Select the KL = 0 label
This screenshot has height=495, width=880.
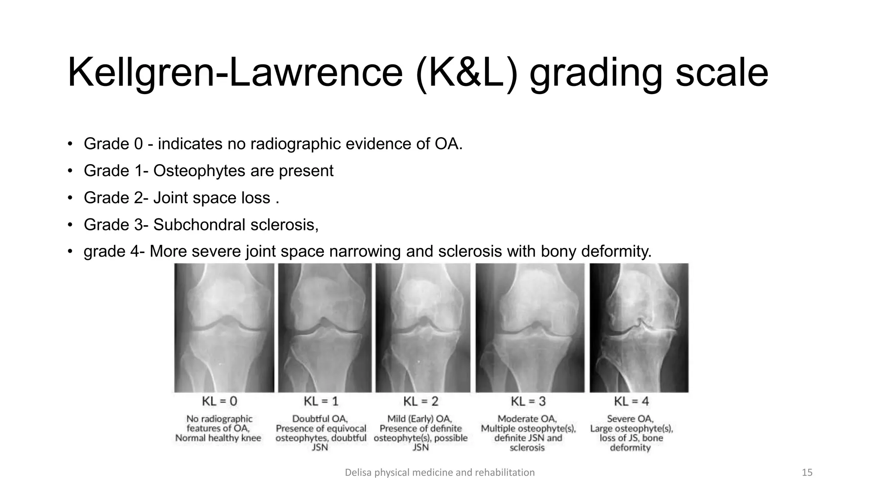pyautogui.click(x=220, y=401)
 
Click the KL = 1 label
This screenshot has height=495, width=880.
pyautogui.click(x=321, y=401)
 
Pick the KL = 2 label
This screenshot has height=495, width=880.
pyautogui.click(x=421, y=401)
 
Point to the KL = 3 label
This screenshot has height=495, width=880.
pyautogui.click(x=528, y=401)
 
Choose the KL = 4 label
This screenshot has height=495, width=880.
pyautogui.click(x=631, y=401)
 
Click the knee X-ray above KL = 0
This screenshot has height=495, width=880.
pyautogui.click(x=224, y=328)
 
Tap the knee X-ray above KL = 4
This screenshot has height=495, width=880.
pyautogui.click(x=639, y=328)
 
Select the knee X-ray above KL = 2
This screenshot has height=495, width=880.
pyautogui.click(x=423, y=328)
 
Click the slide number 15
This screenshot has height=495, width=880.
pyautogui.click(x=807, y=473)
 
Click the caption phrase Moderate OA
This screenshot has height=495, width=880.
pyautogui.click(x=527, y=419)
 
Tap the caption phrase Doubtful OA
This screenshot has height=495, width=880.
pyautogui.click(x=320, y=419)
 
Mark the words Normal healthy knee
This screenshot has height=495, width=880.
pyautogui.click(x=218, y=438)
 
